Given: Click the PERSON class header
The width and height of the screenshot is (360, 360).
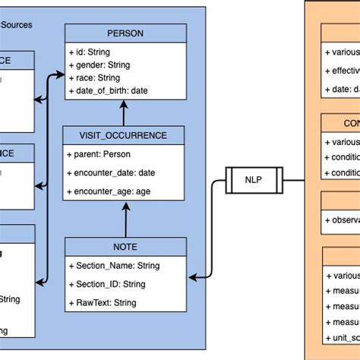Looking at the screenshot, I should (125, 33).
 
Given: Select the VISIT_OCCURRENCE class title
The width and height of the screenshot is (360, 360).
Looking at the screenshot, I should (125, 136).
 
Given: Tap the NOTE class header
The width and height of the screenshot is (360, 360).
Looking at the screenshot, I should (125, 247).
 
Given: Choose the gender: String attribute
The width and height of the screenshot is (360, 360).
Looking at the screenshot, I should (103, 65).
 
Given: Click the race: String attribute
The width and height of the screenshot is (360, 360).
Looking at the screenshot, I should (97, 77).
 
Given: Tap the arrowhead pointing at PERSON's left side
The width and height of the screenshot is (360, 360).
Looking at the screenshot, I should (59, 75).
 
